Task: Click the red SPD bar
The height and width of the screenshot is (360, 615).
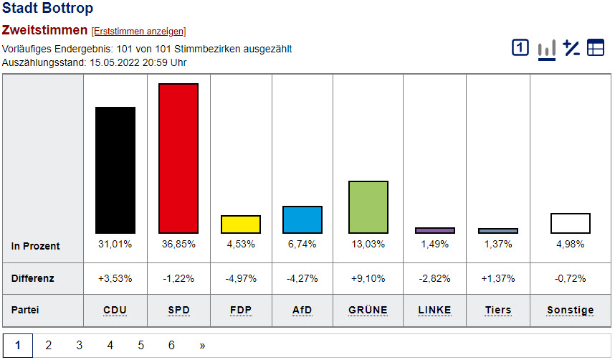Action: point(178,158)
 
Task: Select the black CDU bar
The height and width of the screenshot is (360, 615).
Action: point(115,170)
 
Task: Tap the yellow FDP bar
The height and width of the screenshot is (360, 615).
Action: point(240,224)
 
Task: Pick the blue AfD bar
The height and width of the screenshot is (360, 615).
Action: point(302,219)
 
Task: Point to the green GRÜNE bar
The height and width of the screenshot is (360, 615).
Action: point(368,207)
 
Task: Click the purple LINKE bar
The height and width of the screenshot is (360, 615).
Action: point(435,230)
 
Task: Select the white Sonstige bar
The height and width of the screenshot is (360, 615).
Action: point(571,223)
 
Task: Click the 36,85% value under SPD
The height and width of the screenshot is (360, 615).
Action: point(178,244)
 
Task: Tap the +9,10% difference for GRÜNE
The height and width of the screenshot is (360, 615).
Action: point(368,278)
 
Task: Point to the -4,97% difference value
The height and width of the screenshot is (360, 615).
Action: point(240,278)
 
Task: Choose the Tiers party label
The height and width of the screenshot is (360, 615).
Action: point(498,310)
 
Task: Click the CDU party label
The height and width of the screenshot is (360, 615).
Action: point(115,310)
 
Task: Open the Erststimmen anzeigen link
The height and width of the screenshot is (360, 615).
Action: point(138,32)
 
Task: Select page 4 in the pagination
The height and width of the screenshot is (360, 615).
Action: point(110,346)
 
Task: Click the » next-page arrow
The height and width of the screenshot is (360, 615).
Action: point(202,346)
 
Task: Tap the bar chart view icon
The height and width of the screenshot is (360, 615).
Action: point(547,49)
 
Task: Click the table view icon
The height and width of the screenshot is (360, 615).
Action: point(596,48)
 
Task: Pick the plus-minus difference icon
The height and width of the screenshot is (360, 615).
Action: point(571,48)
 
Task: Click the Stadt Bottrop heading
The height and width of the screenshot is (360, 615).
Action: point(47,9)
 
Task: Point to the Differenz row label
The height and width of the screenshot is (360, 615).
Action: point(33,278)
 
